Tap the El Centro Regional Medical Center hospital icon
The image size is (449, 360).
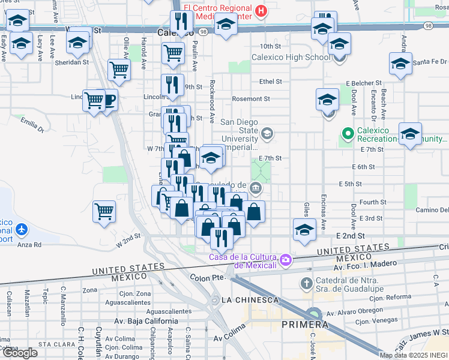click(x=261, y=10)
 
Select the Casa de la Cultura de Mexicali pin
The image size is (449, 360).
click(x=286, y=260)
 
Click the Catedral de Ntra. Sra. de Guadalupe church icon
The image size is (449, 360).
click(x=306, y=283)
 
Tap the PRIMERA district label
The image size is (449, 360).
click(x=304, y=325)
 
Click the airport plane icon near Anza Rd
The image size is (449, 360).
click(x=22, y=229)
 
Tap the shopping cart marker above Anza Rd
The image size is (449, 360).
click(x=104, y=211)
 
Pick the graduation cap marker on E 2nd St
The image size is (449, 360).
click(x=304, y=230)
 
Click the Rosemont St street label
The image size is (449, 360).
click(x=251, y=99)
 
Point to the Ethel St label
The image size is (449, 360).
click(x=271, y=82)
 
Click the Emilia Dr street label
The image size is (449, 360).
click(x=32, y=124)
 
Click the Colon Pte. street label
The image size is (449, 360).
click(x=207, y=278)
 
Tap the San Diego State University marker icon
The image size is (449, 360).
click(x=267, y=134)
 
